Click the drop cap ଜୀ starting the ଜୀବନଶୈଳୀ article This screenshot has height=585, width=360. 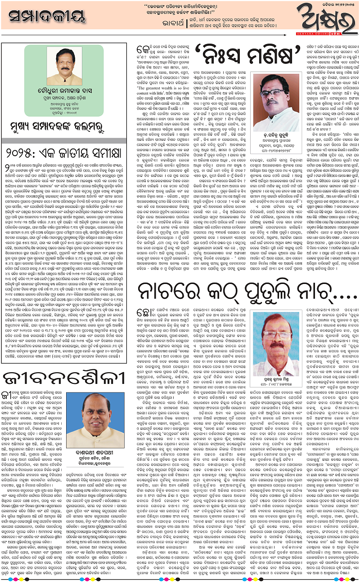(8, 395)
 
